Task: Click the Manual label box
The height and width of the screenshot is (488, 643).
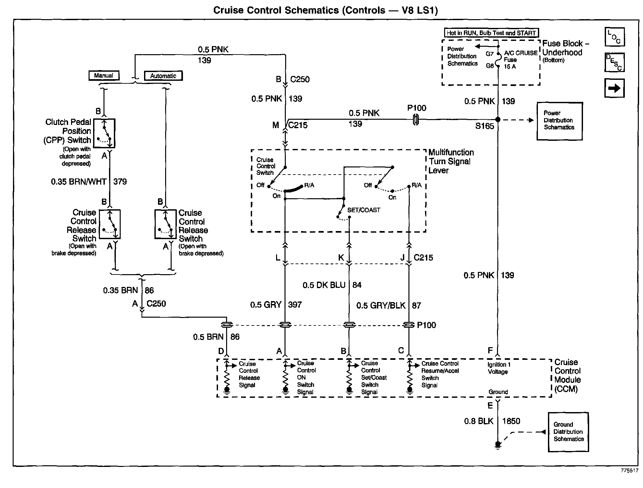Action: [x=104, y=76]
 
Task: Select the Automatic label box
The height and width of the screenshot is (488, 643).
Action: [x=163, y=76]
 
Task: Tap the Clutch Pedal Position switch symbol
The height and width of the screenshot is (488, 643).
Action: [x=104, y=133]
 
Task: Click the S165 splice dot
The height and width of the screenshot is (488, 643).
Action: [x=498, y=120]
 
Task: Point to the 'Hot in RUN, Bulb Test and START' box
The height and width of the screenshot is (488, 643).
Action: [x=491, y=33]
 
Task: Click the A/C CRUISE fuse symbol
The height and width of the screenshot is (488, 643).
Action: [x=498, y=60]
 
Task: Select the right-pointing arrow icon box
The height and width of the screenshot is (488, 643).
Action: [x=614, y=88]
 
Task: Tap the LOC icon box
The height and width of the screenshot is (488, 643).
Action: [x=614, y=37]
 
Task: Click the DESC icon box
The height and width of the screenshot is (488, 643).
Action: [x=614, y=62]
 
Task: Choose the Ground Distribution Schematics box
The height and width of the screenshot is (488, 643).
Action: [x=568, y=432]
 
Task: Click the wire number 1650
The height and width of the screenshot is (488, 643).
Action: [x=511, y=421]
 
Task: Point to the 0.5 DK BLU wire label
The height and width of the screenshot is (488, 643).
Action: [x=324, y=285]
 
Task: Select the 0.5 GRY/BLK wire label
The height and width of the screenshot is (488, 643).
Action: [x=381, y=306]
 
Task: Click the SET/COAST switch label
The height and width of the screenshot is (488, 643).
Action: [x=364, y=210]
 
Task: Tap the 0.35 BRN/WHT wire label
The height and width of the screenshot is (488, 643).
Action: [x=79, y=182]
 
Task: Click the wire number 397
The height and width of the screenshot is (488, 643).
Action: [x=295, y=305]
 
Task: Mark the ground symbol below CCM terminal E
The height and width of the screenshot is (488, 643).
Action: [x=498, y=445]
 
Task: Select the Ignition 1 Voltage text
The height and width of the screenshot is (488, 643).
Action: [x=499, y=368]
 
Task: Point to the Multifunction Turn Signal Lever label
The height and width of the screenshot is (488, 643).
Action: [x=451, y=161]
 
